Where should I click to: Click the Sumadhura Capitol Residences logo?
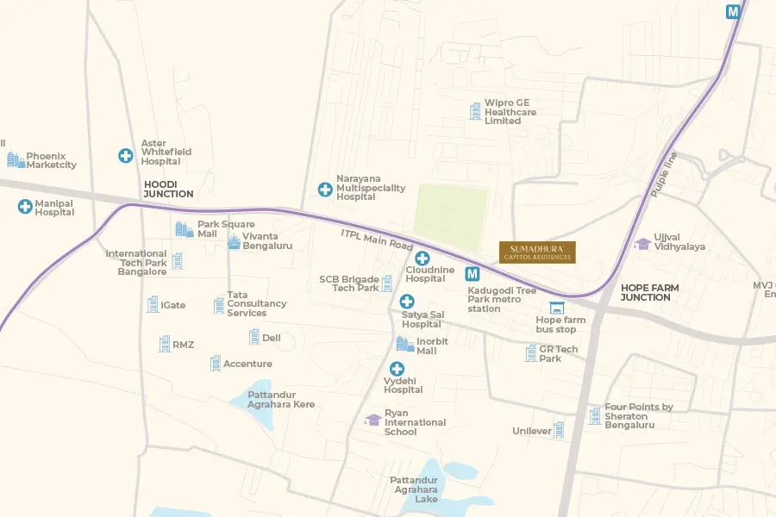tap(537, 252)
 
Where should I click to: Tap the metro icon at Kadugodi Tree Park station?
tap(472, 275)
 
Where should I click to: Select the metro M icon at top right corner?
tap(733, 12)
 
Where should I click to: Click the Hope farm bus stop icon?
tap(556, 308)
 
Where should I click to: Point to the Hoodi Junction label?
tap(168, 189)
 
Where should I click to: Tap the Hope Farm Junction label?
tap(650, 292)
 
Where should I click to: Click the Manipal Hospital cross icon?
tap(25, 206)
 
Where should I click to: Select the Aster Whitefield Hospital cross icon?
tap(126, 156)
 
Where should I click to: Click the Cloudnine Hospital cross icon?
tap(422, 258)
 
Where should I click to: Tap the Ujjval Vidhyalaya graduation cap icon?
tap(642, 244)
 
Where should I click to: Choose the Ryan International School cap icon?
tap(372, 420)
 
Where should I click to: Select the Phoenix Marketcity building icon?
tap(16, 159)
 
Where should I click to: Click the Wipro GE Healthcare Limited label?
tap(510, 112)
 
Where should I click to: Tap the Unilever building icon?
tap(559, 429)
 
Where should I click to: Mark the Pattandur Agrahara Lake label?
tap(414, 489)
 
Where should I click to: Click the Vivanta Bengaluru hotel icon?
tap(234, 242)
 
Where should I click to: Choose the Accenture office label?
tap(247, 364)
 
